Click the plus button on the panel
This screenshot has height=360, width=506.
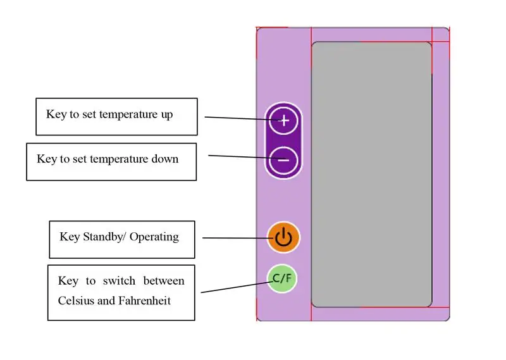click(283, 120)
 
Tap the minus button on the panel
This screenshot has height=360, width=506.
click(283, 160)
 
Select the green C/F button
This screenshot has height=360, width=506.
click(282, 278)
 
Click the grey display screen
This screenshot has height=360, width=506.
click(371, 175)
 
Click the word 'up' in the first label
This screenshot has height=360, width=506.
click(167, 115)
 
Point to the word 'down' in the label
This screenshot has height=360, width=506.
click(165, 159)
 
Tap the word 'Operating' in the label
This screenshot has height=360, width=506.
click(154, 237)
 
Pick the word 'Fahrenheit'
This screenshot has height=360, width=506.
click(145, 301)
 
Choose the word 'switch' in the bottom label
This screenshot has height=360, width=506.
click(119, 281)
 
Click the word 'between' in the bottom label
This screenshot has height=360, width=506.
click(164, 281)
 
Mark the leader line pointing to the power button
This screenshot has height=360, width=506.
click(239, 239)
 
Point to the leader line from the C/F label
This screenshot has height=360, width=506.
click(237, 287)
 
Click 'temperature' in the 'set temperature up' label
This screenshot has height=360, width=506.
click(128, 115)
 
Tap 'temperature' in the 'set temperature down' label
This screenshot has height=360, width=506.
click(119, 159)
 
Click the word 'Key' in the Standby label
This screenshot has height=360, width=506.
click(70, 237)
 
